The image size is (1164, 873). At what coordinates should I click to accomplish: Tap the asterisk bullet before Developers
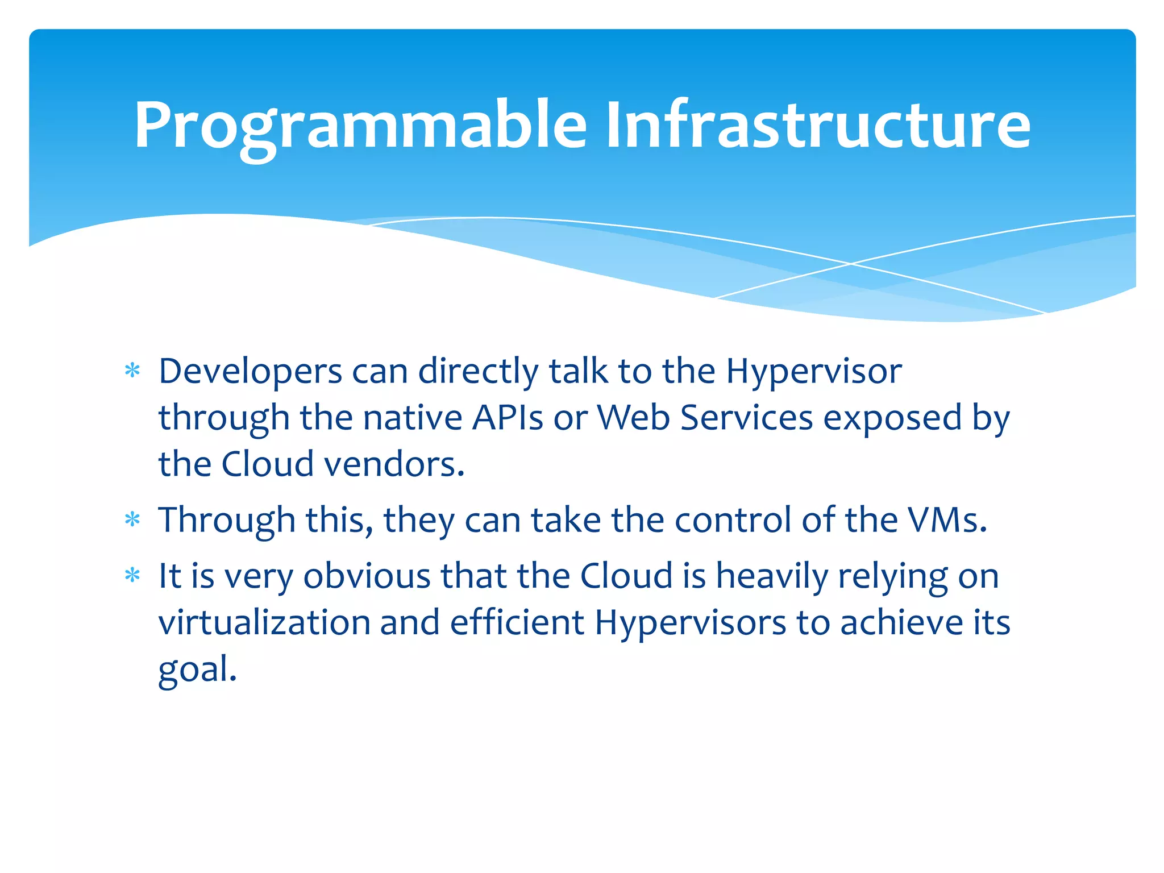(x=132, y=371)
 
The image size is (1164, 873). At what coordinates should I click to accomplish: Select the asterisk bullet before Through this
(x=132, y=519)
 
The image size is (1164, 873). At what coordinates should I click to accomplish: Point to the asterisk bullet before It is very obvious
(x=132, y=576)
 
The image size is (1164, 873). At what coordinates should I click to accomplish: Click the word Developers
(x=250, y=372)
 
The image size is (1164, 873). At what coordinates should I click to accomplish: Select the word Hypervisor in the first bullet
(x=813, y=372)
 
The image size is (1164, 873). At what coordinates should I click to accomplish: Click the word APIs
(x=508, y=418)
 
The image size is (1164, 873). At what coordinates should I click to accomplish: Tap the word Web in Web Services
(x=633, y=418)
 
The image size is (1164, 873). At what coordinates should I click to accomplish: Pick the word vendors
(x=394, y=465)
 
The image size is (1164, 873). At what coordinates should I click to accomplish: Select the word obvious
(x=367, y=576)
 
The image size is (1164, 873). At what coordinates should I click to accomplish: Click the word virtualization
(x=264, y=623)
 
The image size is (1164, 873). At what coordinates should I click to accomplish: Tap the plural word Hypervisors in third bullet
(x=690, y=623)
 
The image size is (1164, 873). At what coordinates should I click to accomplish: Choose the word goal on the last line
(x=196, y=670)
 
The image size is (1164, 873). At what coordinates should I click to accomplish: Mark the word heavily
(x=772, y=576)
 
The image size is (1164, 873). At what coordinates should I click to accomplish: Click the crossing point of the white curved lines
(x=851, y=264)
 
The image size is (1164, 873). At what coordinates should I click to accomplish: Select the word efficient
(x=517, y=623)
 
